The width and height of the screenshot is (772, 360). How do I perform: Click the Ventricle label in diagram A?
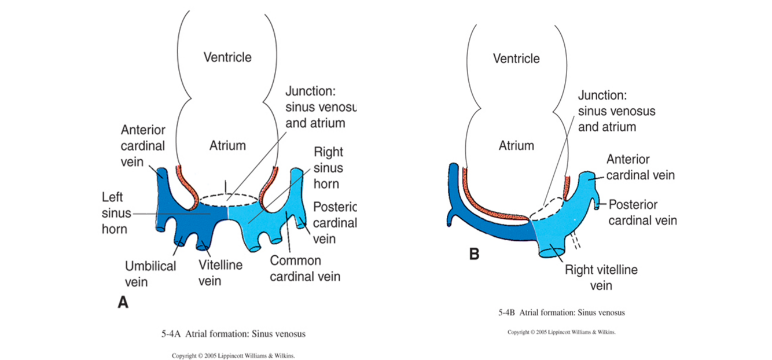(227, 57)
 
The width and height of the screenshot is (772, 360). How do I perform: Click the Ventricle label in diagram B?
(516, 58)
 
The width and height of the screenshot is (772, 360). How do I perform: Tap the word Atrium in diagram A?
(227, 146)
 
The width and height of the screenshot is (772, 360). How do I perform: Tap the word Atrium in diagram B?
(516, 146)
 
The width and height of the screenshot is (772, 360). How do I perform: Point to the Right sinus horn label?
(328, 168)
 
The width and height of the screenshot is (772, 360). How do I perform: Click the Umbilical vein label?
(150, 274)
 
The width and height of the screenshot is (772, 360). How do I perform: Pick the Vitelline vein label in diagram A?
(220, 273)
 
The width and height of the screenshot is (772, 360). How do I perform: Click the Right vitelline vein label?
(601, 277)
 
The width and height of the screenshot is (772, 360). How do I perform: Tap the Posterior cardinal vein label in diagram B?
(642, 212)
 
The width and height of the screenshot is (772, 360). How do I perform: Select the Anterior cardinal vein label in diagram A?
(143, 146)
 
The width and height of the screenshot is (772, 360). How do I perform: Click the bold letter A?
(123, 303)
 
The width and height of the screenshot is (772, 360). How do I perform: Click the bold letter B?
(474, 254)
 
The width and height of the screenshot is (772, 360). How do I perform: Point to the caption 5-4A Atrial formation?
(233, 334)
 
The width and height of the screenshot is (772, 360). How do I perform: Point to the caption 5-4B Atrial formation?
(561, 313)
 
